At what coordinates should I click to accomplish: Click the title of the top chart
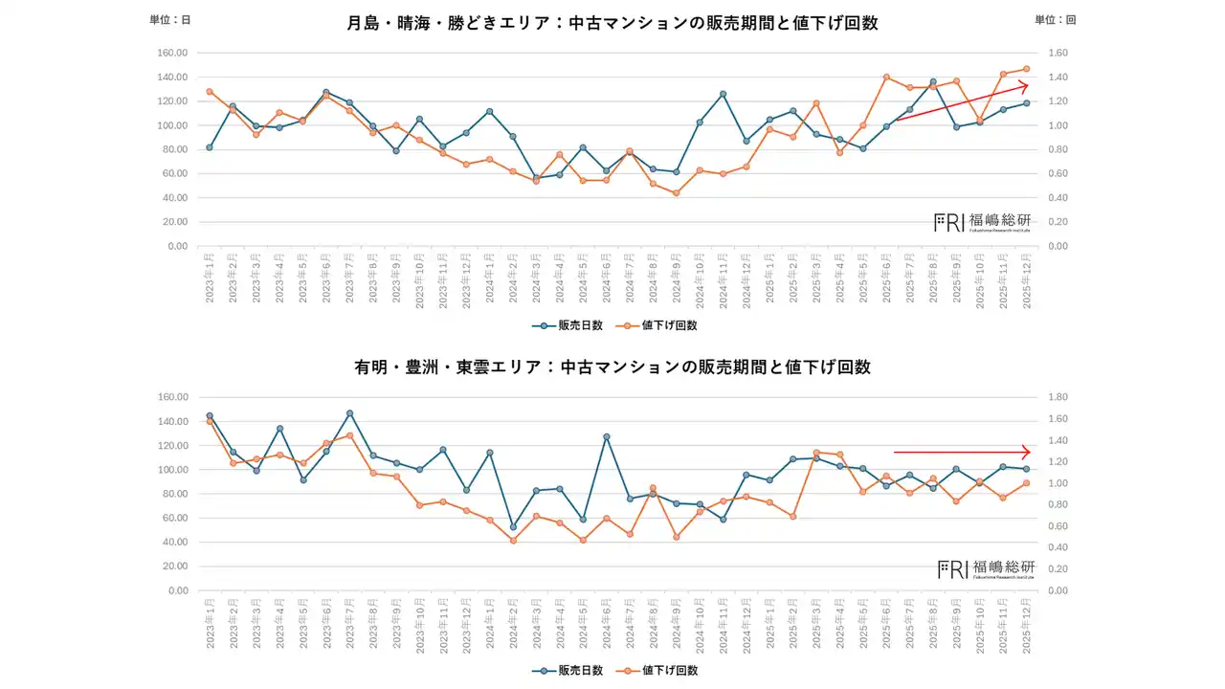612,23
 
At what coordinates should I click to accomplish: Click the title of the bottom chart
612,367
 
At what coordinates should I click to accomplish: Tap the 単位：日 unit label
170,20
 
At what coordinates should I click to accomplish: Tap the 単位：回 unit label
1056,20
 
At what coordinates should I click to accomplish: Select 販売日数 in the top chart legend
568,325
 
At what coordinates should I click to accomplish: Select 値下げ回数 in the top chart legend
662,325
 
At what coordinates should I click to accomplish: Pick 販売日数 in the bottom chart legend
568,670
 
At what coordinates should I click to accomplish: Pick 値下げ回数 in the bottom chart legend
662,670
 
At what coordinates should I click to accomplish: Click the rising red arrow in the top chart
961,102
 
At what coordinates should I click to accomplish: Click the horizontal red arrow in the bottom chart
961,452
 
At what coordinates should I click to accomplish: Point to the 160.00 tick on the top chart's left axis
172,53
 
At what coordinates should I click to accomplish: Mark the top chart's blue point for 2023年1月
210,147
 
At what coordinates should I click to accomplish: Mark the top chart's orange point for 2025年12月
1026,69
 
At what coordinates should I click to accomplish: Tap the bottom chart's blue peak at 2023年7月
350,413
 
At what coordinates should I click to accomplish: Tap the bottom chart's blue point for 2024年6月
607,436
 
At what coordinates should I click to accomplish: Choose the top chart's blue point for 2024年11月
723,94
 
